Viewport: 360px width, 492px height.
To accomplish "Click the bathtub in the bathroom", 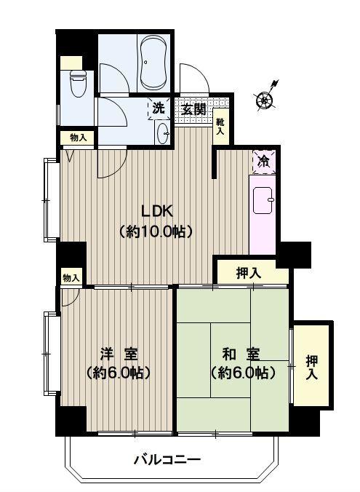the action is [153, 62].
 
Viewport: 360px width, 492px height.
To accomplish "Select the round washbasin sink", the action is [162, 133].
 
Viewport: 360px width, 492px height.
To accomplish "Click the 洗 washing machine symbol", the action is [159, 108].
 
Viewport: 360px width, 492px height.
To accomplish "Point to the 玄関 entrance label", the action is [194, 109].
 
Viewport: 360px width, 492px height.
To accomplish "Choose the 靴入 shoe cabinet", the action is [221, 126].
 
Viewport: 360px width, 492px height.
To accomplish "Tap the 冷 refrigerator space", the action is [264, 162].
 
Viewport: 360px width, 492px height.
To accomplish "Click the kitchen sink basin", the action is [263, 200].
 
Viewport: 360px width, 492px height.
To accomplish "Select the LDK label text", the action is [157, 211].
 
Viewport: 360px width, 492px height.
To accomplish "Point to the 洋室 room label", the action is [119, 354].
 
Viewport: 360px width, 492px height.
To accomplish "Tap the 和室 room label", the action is [241, 354].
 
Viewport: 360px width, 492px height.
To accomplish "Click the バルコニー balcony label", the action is [167, 460].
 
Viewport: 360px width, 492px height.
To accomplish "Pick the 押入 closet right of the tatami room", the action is [311, 366].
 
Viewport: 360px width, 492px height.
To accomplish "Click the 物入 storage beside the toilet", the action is [78, 138].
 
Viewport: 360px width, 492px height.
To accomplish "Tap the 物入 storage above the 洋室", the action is [71, 278].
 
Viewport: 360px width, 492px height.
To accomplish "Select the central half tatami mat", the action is [230, 360].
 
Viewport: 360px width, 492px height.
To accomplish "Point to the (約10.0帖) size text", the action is [156, 231].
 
